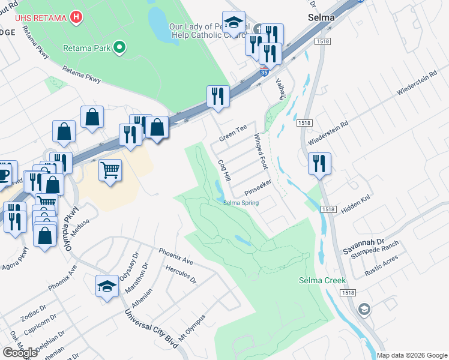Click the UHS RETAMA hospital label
click(x=32, y=17)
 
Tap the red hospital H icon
click(x=76, y=17)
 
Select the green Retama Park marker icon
click(x=120, y=47)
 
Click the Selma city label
click(x=321, y=17)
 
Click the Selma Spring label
click(x=241, y=203)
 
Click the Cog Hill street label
click(x=224, y=171)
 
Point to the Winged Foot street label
click(x=261, y=151)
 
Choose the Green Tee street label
click(x=232, y=133)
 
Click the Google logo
click(x=20, y=352)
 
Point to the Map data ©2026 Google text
click(x=412, y=355)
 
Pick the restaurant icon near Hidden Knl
click(x=319, y=163)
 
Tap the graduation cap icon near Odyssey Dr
click(x=107, y=286)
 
